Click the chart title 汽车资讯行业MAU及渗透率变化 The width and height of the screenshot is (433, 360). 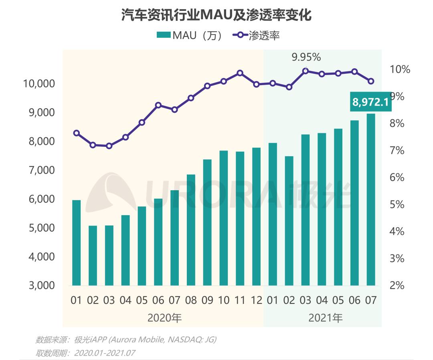pos(216,16)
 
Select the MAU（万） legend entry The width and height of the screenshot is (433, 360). pos(189,35)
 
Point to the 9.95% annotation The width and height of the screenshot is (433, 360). pos(306,57)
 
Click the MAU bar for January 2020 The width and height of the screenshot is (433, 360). pos(76,243)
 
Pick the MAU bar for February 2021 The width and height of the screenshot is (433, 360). pos(289,221)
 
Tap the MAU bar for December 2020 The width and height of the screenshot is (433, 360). pos(256,217)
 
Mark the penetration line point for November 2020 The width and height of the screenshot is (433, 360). pos(240,73)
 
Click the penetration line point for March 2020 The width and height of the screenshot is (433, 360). pos(109,146)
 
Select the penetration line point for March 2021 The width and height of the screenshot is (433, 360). pos(306,71)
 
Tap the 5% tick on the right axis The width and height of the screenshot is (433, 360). pos(396,205)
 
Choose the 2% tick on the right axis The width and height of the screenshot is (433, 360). pos(396,286)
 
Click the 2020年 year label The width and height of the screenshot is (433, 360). pos(165,318)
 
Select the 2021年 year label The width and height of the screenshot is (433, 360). pos(326,318)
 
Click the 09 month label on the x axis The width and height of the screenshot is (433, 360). pos(207,300)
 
